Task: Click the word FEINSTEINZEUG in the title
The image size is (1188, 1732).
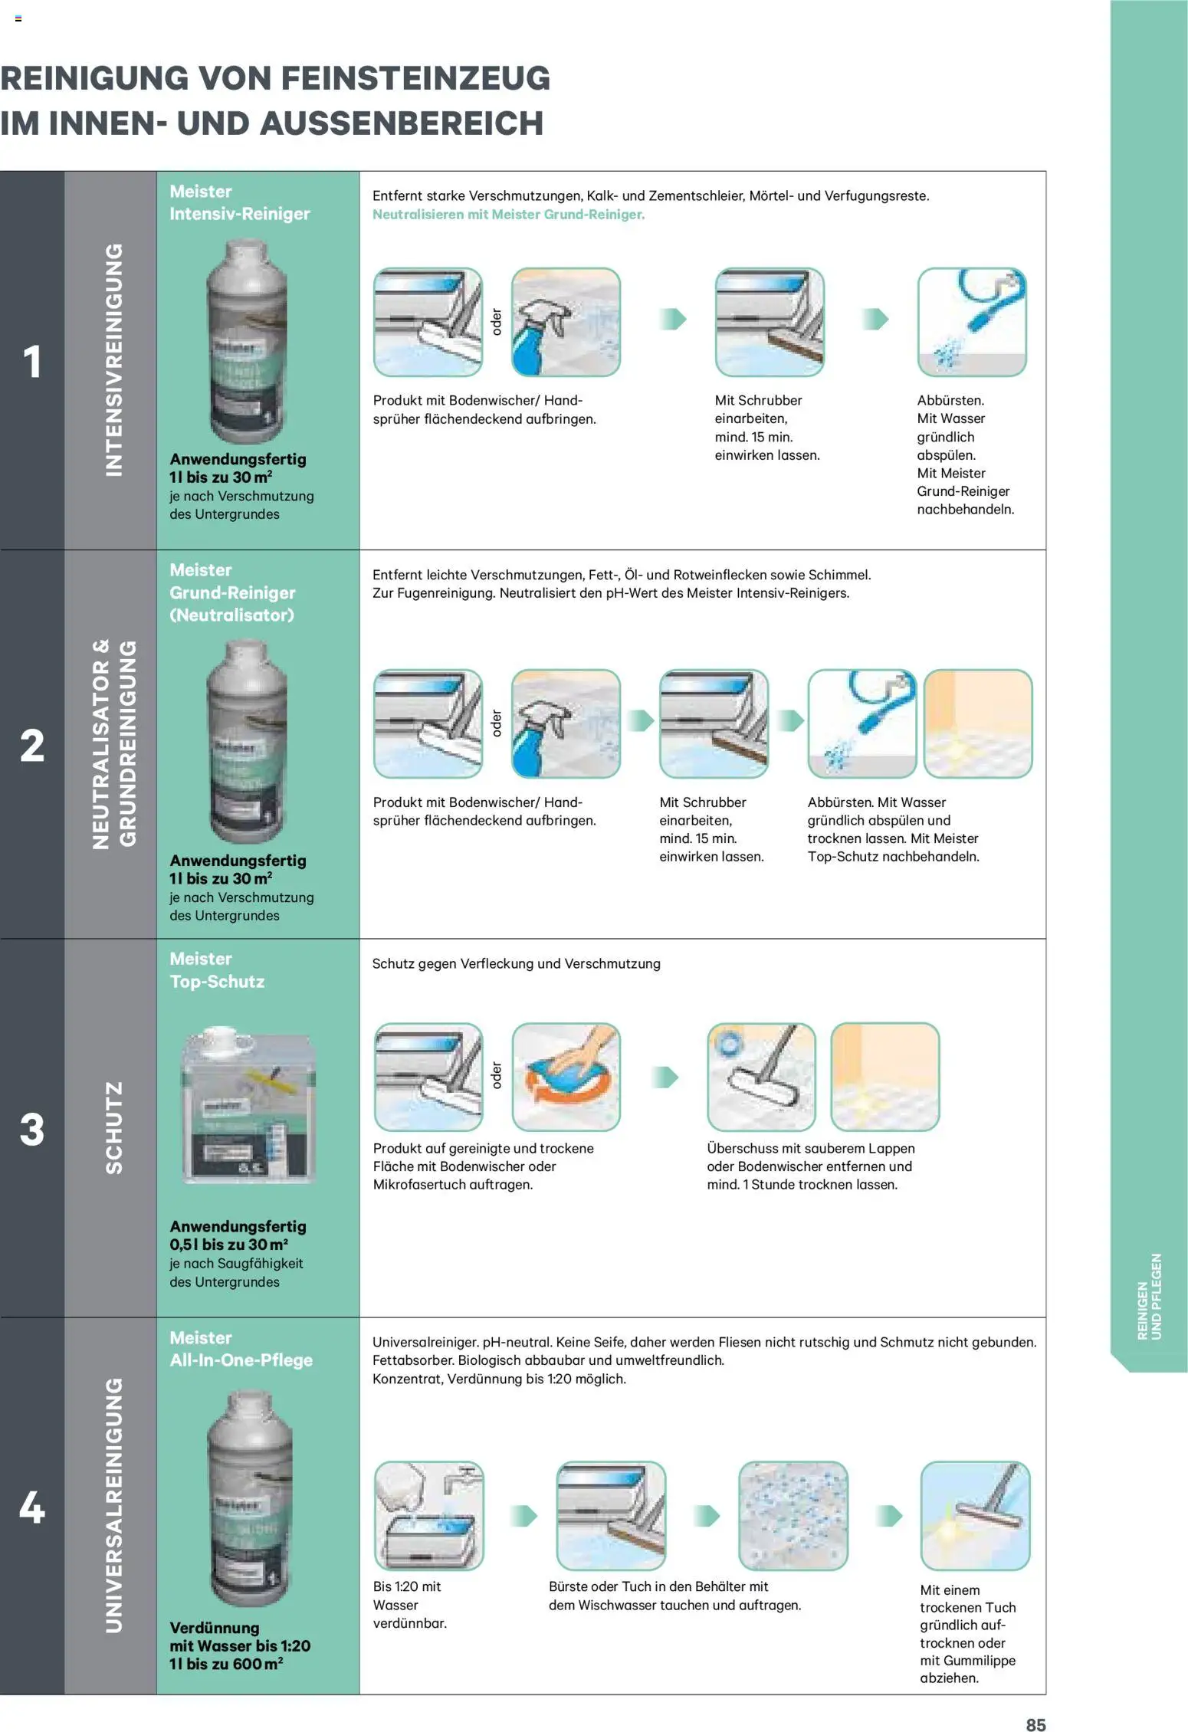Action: pyautogui.click(x=415, y=78)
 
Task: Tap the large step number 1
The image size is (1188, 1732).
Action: pyautogui.click(x=31, y=361)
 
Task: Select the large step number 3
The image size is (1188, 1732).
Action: pyautogui.click(x=31, y=1129)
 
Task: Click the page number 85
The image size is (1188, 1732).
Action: pyautogui.click(x=1035, y=1724)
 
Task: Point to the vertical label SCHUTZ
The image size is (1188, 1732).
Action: pyautogui.click(x=113, y=1127)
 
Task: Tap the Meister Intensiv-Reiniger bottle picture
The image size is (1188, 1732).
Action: pyautogui.click(x=247, y=341)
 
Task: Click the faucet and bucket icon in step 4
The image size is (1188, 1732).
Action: pyautogui.click(x=428, y=1515)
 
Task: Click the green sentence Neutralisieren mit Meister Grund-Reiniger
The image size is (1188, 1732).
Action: pyautogui.click(x=508, y=215)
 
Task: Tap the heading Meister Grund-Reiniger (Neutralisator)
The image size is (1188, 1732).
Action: pyautogui.click(x=232, y=592)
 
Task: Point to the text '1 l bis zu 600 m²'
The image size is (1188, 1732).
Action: pyautogui.click(x=226, y=1664)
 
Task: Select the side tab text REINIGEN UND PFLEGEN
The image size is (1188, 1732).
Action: pyautogui.click(x=1149, y=1296)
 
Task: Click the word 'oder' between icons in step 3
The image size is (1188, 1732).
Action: pyautogui.click(x=497, y=1075)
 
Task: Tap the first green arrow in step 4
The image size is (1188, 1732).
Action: pyautogui.click(x=523, y=1515)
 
